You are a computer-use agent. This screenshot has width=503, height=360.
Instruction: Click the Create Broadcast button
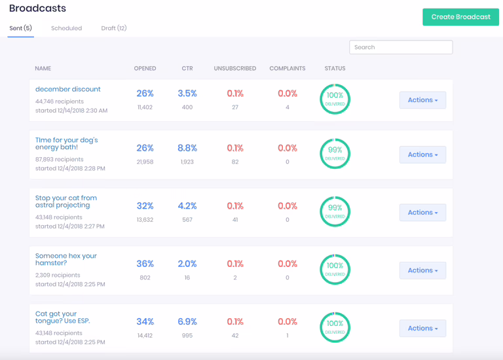pos(460,17)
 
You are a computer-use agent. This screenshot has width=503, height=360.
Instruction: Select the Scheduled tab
pos(66,28)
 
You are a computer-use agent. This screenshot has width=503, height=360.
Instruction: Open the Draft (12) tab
pos(114,28)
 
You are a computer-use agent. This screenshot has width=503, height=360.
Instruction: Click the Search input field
pos(401,47)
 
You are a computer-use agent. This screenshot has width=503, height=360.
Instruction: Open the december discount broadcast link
pos(68,89)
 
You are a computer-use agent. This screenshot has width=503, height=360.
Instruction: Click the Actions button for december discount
pos(422,100)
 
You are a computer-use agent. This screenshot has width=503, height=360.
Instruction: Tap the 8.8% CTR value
pos(187,148)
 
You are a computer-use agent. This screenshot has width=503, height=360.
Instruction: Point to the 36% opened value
pos(145,264)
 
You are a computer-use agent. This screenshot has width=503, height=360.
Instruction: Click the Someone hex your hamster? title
pos(65,259)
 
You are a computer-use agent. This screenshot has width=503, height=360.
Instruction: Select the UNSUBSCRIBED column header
pos(234,68)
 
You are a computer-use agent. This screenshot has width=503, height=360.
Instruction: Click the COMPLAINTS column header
pos(287,68)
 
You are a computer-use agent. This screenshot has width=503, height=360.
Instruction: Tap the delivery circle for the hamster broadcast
pos(335,269)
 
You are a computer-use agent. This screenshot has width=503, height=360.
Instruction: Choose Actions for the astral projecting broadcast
pos(422,213)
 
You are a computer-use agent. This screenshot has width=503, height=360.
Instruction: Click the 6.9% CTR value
pos(187,321)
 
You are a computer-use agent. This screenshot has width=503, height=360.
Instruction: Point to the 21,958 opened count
pos(145,162)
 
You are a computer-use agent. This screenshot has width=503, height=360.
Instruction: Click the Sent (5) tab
pos(20,28)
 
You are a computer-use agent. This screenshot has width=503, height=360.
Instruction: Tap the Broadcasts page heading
pos(37,9)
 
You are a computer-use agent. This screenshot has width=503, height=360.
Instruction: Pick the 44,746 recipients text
pos(60,101)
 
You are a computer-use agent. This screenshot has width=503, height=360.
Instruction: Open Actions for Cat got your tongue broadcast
pos(422,329)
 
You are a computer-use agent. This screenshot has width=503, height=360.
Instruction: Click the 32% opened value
pos(145,206)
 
